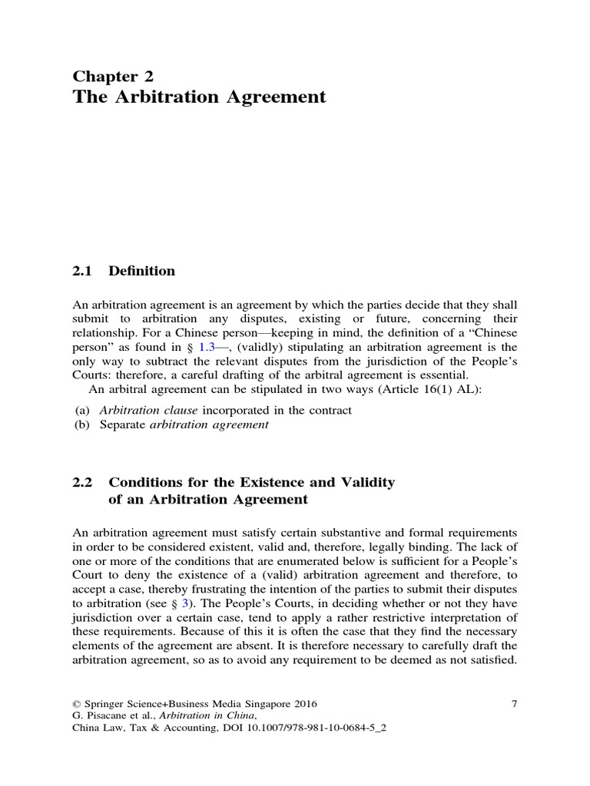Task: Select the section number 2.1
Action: (81, 271)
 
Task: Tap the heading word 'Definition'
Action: (142, 271)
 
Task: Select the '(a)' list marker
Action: (81, 411)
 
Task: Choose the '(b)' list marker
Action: (81, 425)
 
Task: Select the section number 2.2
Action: (81, 482)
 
